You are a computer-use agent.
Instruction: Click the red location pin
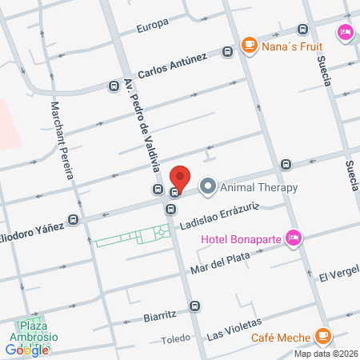pyautogui.click(x=181, y=178)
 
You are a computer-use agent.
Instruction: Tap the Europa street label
pyautogui.click(x=152, y=24)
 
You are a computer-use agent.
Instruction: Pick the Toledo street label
pyautogui.click(x=176, y=338)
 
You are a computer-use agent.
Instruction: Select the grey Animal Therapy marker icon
pyautogui.click(x=208, y=188)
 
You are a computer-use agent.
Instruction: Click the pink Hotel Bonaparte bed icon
pyautogui.click(x=294, y=237)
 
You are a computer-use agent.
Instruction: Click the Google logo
pyautogui.click(x=27, y=350)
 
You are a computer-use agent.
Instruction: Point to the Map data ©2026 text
pyautogui.click(x=326, y=354)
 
